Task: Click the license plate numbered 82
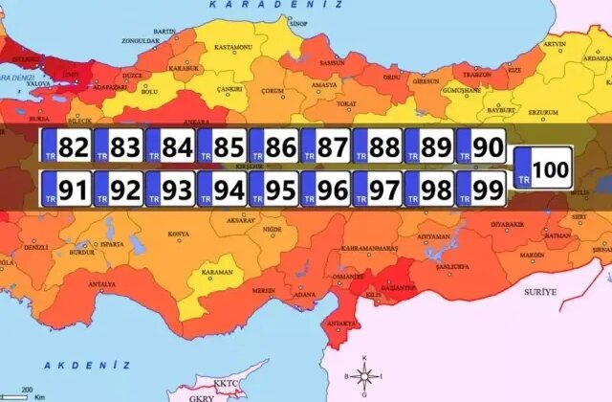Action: point(65,146)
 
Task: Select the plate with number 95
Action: point(273,189)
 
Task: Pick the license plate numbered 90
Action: point(480,146)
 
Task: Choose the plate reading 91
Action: point(65,189)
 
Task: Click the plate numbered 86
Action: point(273,146)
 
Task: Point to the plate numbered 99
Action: point(480,189)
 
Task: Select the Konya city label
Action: point(178,234)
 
